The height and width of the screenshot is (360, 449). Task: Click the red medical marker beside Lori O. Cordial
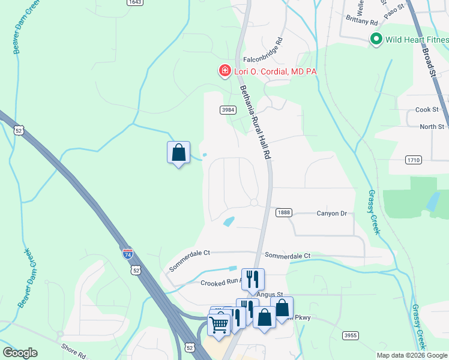coord(224,71)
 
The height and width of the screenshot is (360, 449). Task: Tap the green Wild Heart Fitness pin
coord(376,40)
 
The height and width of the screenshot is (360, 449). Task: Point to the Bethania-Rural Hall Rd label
coord(256,123)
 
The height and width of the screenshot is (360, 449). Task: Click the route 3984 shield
coord(228,109)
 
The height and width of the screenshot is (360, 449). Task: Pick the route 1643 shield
coord(135,2)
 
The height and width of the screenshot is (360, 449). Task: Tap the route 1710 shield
coord(414,160)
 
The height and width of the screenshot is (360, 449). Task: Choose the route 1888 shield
coord(284,213)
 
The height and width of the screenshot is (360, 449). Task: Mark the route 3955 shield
coord(351,335)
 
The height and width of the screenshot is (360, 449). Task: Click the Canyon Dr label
coord(332,213)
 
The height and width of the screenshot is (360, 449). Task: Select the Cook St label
coord(427,110)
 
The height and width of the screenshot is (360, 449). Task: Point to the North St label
coord(432,127)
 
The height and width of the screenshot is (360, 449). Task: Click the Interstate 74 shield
coord(128,254)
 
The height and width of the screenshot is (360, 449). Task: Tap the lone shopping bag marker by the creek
coord(178,152)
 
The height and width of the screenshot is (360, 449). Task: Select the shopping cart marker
coord(218,324)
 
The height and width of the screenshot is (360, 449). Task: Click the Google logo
coord(20,353)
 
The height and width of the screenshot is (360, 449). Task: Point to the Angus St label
coord(269,294)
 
